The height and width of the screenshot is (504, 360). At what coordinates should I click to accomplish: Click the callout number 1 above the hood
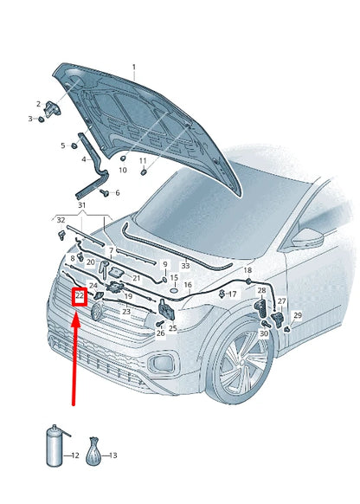coord(133,67)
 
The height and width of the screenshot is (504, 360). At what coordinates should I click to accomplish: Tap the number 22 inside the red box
coord(79,296)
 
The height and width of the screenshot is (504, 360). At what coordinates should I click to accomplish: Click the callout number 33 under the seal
coord(185,266)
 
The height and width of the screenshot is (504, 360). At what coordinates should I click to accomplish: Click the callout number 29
coord(298,316)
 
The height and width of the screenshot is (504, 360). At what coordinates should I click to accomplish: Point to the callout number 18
coord(247,271)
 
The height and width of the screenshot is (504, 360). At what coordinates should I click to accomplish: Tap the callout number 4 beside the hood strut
coord(84,159)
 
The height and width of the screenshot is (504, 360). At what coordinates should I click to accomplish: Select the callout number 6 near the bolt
coord(117,193)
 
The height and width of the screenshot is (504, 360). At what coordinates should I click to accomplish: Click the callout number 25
coord(172,328)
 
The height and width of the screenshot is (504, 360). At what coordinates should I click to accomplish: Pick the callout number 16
coord(188,284)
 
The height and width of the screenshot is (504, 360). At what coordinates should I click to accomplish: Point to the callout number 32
coord(61,221)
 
